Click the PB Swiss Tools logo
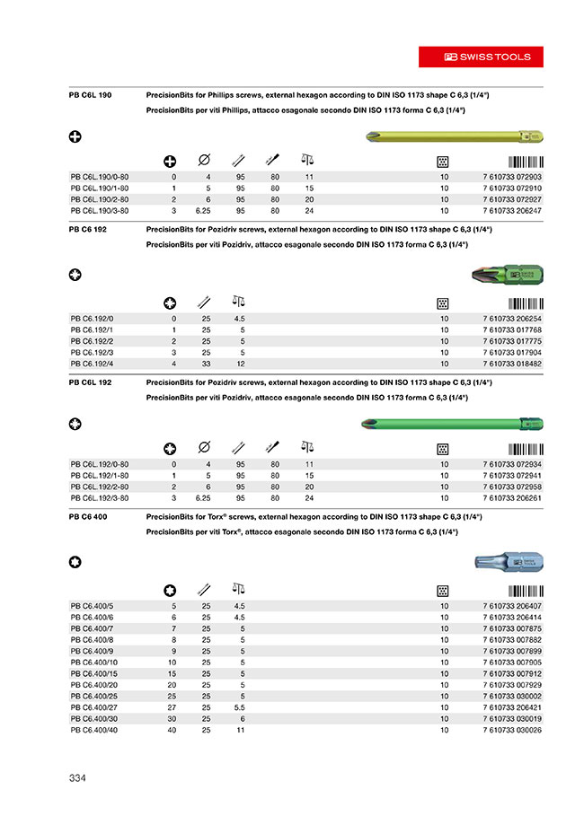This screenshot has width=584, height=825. pyautogui.click(x=488, y=57)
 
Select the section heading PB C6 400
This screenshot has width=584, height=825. pyautogui.click(x=89, y=517)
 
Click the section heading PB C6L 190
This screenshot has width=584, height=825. pyautogui.click(x=91, y=94)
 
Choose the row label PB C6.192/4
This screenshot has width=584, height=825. pyautogui.click(x=93, y=363)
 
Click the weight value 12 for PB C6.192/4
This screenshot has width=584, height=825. pyautogui.click(x=239, y=363)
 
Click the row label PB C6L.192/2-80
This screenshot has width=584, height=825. pyautogui.click(x=100, y=486)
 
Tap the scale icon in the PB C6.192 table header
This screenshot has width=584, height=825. pyautogui.click(x=239, y=302)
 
